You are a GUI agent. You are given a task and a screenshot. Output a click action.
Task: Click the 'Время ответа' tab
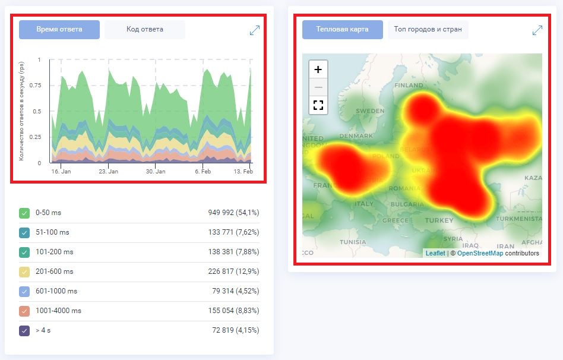click(x=59, y=29)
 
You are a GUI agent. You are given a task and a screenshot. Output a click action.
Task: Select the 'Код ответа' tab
click(x=144, y=29)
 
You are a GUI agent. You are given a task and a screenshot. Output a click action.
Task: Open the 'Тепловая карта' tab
click(x=342, y=29)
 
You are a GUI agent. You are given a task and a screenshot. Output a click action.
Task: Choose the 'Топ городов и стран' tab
click(x=428, y=29)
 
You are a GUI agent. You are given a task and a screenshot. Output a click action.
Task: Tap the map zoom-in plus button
click(x=318, y=70)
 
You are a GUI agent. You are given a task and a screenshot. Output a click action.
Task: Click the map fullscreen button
click(x=318, y=105)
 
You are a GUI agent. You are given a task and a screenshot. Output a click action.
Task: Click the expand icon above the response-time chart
click(x=255, y=30)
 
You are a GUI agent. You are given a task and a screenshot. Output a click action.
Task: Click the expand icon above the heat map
click(x=537, y=30)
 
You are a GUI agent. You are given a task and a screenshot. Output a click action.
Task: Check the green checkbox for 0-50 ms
click(x=24, y=213)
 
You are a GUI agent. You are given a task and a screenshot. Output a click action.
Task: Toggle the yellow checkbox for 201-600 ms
click(x=24, y=271)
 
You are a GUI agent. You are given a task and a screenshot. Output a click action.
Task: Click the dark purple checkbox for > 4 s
click(x=24, y=330)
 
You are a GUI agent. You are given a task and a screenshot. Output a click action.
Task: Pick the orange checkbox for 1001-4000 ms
click(x=24, y=311)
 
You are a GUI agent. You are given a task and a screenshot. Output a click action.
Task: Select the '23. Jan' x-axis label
click(x=108, y=171)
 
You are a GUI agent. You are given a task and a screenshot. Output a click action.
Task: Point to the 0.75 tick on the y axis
click(x=36, y=86)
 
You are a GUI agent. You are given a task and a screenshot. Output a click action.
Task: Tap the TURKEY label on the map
click(x=439, y=220)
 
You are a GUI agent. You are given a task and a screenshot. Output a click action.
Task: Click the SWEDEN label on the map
click(x=370, y=111)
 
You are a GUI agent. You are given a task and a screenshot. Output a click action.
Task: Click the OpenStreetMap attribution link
click(x=480, y=253)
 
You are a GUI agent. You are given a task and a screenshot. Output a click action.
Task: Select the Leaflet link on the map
click(x=435, y=253)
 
